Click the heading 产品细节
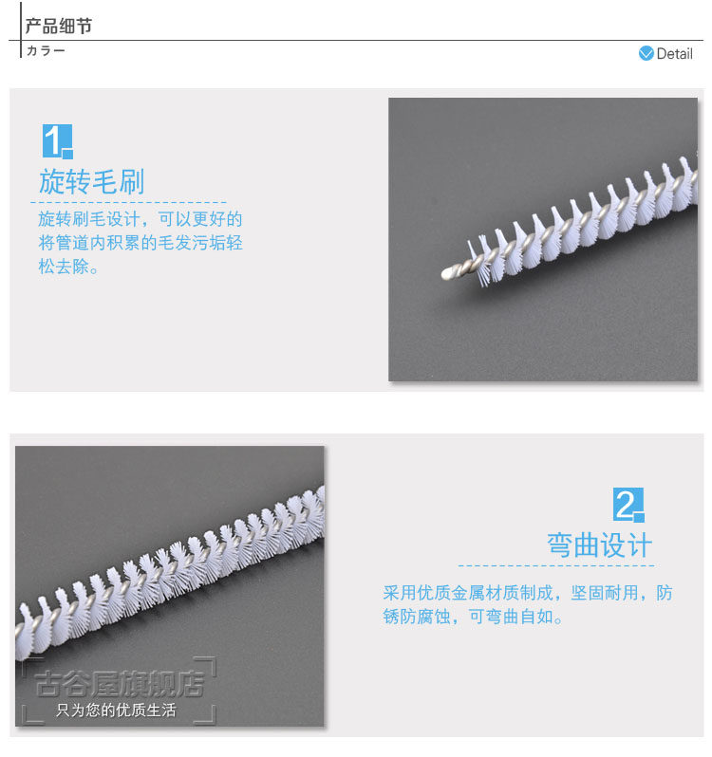[59, 26]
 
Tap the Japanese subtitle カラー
[46, 50]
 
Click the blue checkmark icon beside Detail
[646, 53]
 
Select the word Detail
[674, 53]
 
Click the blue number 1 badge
[58, 141]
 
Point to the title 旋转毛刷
[92, 181]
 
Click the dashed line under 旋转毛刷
[128, 202]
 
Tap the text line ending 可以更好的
[141, 219]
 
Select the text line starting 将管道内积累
[141, 242]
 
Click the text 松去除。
[68, 266]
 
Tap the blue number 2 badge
[628, 505]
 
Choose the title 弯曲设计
[599, 545]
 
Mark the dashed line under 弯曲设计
[556, 565]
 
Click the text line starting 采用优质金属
[528, 593]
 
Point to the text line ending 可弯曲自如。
[473, 617]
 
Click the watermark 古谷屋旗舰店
[120, 684]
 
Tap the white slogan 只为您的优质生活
[116, 711]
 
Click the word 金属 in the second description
[468, 593]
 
